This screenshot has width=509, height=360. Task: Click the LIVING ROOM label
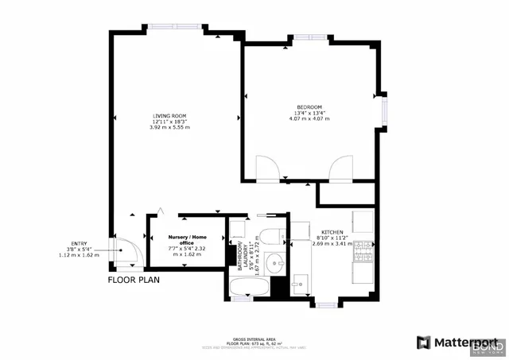169,116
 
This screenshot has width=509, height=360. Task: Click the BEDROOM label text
309,107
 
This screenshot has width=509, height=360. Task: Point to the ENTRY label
80,244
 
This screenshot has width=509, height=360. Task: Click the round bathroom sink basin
275,261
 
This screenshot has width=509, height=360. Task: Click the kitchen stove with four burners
363,251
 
